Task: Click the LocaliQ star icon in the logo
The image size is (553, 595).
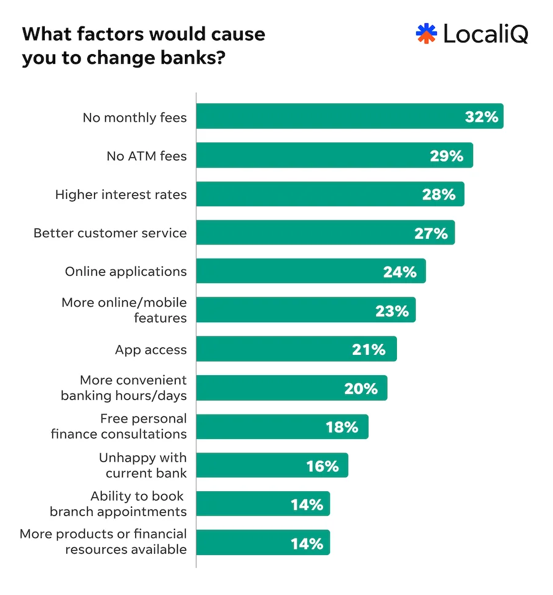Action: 426,34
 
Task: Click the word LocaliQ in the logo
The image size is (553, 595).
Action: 485,34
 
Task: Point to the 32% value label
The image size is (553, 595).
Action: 481,117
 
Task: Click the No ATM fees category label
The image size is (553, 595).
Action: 146,156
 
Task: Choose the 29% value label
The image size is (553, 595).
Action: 446,156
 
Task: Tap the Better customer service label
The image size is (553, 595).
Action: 110,233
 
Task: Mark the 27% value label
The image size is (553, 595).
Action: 431,233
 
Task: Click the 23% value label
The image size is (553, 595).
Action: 392,311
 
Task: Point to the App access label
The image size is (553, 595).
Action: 151,349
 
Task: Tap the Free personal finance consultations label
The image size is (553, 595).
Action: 119,426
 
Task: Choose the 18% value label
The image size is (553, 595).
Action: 342,427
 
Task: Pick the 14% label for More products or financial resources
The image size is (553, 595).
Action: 307,543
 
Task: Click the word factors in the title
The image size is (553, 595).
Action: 97,34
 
